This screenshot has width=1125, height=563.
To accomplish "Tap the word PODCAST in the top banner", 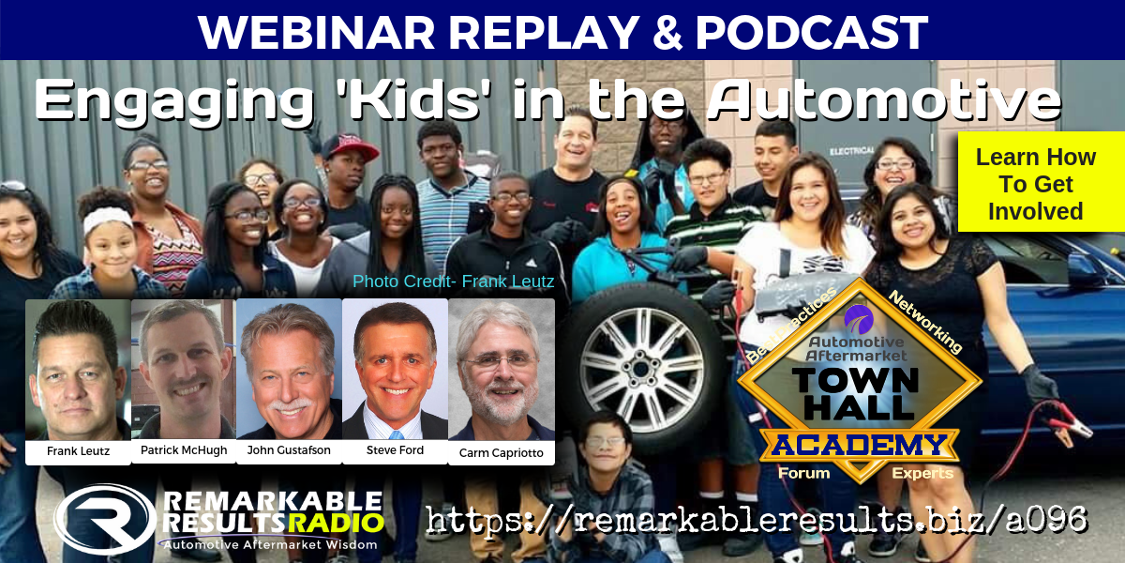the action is click(x=811, y=32).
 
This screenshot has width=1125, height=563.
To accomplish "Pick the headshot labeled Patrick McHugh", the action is click(x=184, y=369).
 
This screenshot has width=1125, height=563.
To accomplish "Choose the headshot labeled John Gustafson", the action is click(x=290, y=369).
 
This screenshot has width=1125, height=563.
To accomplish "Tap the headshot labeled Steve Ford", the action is click(x=396, y=369).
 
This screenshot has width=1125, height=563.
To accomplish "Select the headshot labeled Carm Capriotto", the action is click(x=502, y=370).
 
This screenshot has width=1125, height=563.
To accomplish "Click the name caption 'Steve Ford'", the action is click(x=395, y=449).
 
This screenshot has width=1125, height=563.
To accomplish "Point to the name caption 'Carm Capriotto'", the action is click(x=502, y=453).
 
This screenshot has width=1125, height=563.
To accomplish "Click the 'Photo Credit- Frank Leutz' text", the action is click(x=453, y=281).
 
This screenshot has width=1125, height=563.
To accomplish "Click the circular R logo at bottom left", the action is click(x=105, y=519).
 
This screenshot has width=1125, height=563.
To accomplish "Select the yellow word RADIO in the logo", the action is click(x=337, y=524).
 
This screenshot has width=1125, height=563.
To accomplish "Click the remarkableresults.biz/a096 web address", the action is click(x=757, y=519).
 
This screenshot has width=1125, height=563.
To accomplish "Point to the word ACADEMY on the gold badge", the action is click(x=859, y=445).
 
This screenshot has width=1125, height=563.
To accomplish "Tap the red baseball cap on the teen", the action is click(x=350, y=145).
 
